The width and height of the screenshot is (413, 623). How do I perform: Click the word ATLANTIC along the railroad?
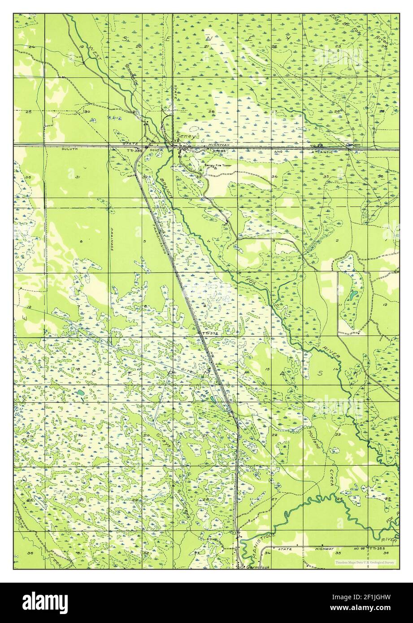[323, 152]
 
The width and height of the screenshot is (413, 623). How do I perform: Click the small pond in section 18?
[80, 393]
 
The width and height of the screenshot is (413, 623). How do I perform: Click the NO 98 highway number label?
[354, 548]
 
